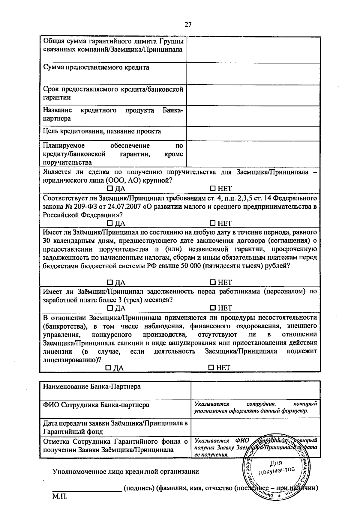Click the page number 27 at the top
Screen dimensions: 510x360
[x=188, y=25]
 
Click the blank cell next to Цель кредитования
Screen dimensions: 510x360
[x=253, y=134]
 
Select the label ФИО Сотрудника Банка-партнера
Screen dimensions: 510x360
[x=96, y=405]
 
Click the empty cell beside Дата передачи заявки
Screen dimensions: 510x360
[x=255, y=427]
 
